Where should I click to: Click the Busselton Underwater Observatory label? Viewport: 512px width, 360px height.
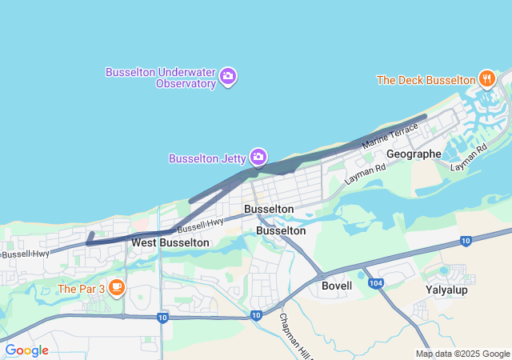pyautogui.click(x=161, y=77)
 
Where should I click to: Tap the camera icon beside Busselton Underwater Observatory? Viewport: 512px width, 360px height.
pyautogui.click(x=228, y=77)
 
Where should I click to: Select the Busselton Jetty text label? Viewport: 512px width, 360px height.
pyautogui.click(x=206, y=158)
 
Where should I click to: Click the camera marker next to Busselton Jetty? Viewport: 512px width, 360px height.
pyautogui.click(x=258, y=157)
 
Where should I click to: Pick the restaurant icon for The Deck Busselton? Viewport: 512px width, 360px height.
pyautogui.click(x=486, y=78)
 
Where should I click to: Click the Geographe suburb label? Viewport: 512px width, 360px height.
pyautogui.click(x=413, y=154)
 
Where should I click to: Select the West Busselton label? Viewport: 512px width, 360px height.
pyautogui.click(x=170, y=242)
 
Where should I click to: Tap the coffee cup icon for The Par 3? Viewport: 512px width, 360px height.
pyautogui.click(x=117, y=286)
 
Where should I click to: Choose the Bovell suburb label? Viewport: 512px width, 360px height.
pyautogui.click(x=336, y=286)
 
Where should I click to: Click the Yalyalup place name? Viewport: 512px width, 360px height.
pyautogui.click(x=446, y=290)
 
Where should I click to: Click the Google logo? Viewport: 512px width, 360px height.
pyautogui.click(x=26, y=350)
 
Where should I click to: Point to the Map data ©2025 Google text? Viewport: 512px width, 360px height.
pyautogui.click(x=462, y=354)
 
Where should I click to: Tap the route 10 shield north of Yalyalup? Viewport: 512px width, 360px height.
pyautogui.click(x=466, y=241)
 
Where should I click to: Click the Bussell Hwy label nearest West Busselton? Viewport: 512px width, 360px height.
pyautogui.click(x=200, y=226)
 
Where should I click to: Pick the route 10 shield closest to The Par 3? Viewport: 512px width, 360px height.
pyautogui.click(x=162, y=318)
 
